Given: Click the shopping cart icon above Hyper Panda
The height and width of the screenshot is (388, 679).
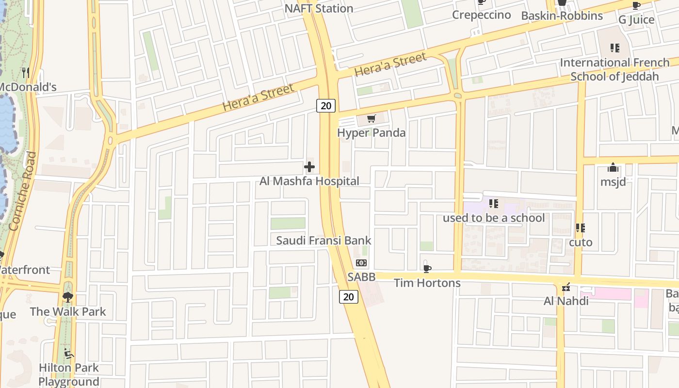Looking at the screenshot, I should pos(372,118).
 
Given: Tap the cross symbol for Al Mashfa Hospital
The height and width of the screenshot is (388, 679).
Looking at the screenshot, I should pos(309,167).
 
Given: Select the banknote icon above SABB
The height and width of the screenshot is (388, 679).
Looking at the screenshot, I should pos(361,263).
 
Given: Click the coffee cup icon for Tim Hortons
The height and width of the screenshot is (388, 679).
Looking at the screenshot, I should pos(427,268).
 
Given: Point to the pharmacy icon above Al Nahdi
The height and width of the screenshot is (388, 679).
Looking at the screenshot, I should pos(566,287).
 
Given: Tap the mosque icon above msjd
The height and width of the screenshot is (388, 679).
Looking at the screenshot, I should pos(613,168).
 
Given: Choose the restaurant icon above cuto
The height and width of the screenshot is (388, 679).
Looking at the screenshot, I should pos(580,227).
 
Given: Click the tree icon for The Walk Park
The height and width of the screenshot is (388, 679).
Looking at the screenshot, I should pos(67,297).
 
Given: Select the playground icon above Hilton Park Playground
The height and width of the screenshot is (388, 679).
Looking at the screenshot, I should pos(69,354).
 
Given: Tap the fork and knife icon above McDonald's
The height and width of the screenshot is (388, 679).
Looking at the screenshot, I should pos(26,73).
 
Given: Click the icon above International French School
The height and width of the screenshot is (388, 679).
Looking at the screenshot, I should pos(614,48).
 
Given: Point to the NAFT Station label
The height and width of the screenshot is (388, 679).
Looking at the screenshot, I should pos(319,8).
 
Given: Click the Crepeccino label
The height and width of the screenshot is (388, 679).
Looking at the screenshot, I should pos(481,15).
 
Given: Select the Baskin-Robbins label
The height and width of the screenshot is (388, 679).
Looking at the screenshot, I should pos(562,16).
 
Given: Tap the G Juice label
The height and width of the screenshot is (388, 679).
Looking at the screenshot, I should pos(636,20).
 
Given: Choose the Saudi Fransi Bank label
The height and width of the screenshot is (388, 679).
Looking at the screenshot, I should pos(323,240).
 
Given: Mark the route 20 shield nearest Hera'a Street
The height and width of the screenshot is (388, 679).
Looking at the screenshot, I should pos(326,106).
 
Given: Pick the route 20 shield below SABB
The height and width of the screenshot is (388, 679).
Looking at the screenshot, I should pos(348,296).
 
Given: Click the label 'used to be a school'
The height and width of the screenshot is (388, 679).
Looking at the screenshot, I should pos(494,218).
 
